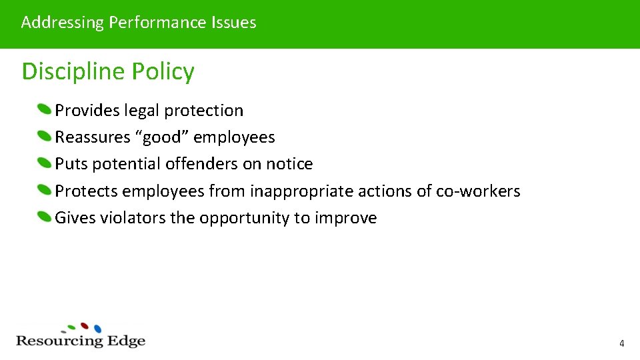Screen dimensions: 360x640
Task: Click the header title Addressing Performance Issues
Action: (x=139, y=23)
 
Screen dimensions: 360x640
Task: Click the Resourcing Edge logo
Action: (x=81, y=336)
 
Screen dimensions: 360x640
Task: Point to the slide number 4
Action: (x=621, y=344)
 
